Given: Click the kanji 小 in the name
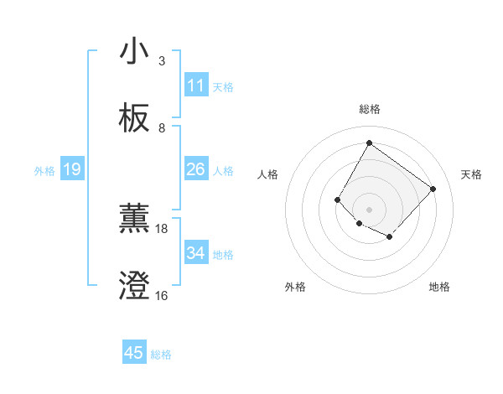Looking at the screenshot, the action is coord(134,52).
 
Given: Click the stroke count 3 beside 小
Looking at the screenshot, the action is coord(162,61).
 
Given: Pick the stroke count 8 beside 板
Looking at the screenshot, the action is coord(162,128).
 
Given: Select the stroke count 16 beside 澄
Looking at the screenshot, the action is coord(162,295).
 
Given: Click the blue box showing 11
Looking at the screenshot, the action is coord(196,86).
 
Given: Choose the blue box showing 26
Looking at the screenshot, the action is coord(196,169).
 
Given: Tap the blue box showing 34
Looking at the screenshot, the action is coord(196,253).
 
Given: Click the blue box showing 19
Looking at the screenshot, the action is coord(72,169).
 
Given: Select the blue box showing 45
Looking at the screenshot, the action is coord(134,353).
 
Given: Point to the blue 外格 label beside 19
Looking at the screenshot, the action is coord(44,170).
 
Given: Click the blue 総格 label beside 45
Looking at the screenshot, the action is coord(161,355).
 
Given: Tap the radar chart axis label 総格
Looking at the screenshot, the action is coord(369,109).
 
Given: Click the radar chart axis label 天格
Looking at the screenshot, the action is coord(471,174).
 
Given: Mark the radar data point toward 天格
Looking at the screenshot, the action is coord(433,189).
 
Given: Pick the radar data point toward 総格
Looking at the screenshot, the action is coord(369,143).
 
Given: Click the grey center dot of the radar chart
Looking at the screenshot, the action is coord(369,209).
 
